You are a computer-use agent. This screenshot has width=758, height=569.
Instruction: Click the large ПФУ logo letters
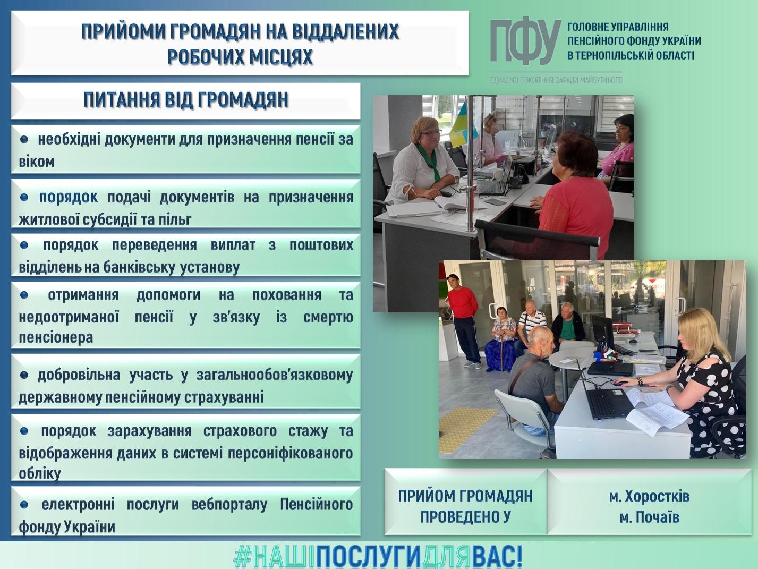[525, 42]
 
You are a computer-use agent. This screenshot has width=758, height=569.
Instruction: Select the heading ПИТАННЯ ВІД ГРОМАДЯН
[186, 100]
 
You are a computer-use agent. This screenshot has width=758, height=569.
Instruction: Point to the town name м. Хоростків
[649, 497]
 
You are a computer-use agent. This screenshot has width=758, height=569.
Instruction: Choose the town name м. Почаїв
[649, 517]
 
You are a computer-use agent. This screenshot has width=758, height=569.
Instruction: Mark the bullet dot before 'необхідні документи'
[24, 139]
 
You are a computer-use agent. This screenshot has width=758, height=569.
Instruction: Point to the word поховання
[287, 295]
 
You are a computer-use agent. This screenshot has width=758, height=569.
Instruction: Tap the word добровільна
[79, 375]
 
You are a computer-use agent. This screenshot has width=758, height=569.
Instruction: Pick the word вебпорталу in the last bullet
[229, 505]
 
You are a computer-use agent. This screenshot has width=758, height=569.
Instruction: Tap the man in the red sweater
[463, 319]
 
